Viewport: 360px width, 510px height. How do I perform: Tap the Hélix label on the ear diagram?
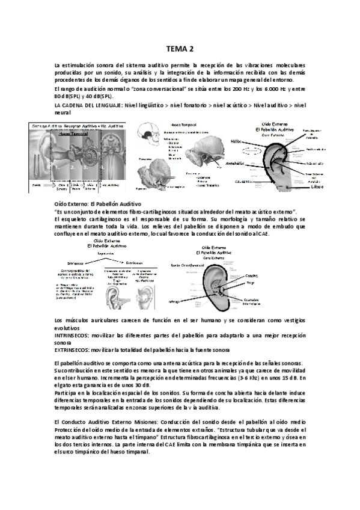236,141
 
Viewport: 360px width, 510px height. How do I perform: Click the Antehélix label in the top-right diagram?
234,163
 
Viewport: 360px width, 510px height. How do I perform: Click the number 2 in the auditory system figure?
72,168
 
